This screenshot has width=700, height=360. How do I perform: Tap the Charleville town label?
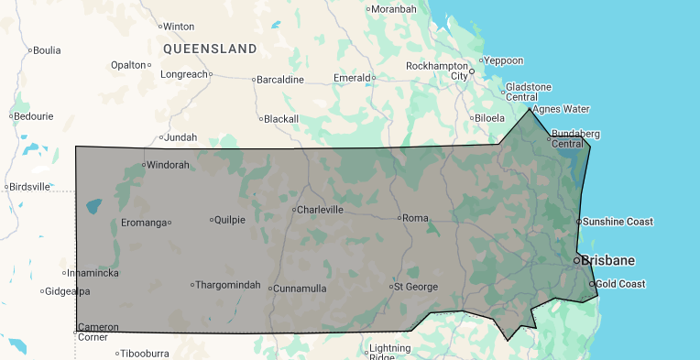point(320,210)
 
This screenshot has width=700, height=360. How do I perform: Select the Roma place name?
point(416,217)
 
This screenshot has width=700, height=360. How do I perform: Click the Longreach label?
point(184,74)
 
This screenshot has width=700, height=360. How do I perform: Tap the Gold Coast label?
point(620,284)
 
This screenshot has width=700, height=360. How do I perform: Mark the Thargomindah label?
point(228,284)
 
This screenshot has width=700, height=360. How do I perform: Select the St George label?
point(416,287)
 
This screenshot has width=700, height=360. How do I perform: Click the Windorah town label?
point(168,165)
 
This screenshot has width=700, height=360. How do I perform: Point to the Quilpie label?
point(229,219)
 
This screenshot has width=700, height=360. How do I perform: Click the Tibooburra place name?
point(148,353)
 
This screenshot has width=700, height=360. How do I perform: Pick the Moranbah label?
point(394,9)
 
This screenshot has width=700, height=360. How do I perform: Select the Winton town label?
point(179,27)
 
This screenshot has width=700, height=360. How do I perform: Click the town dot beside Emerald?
point(374,79)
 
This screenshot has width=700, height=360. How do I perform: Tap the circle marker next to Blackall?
point(260,119)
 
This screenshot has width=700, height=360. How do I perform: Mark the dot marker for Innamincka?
point(65,273)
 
